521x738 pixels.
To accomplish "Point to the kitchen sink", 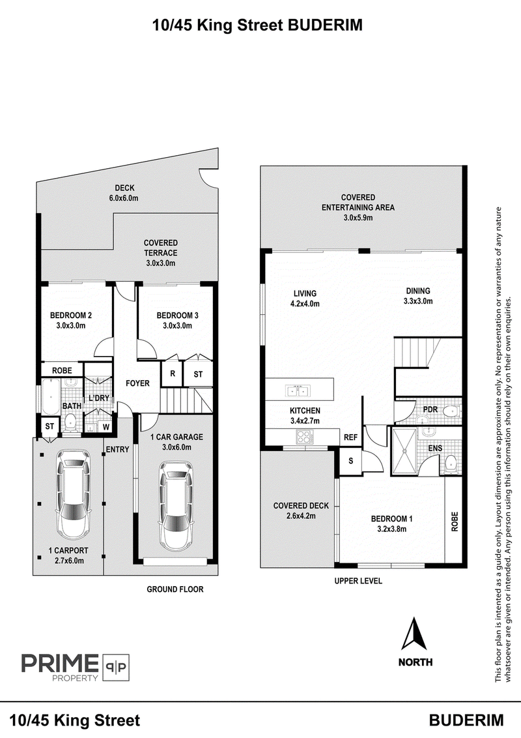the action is pos(298,391).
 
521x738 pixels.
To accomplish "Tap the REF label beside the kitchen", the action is pos(350,437).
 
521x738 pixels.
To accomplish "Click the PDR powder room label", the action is pos(430,409).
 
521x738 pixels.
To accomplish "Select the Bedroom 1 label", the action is pos(391,519).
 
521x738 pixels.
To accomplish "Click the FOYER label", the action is pos(137,383).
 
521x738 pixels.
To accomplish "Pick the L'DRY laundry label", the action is pos(99,398).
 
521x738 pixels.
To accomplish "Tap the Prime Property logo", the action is pos(76,667).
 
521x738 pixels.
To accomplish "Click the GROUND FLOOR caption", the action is pos(175,589).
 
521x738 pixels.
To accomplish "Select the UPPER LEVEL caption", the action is pos(358,581).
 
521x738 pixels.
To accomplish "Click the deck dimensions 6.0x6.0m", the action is pos(124,198).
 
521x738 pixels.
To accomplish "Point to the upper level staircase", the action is pos(417,351).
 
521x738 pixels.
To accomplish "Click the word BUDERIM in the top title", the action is pos(325,25).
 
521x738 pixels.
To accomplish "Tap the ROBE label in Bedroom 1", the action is pos(454,522).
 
